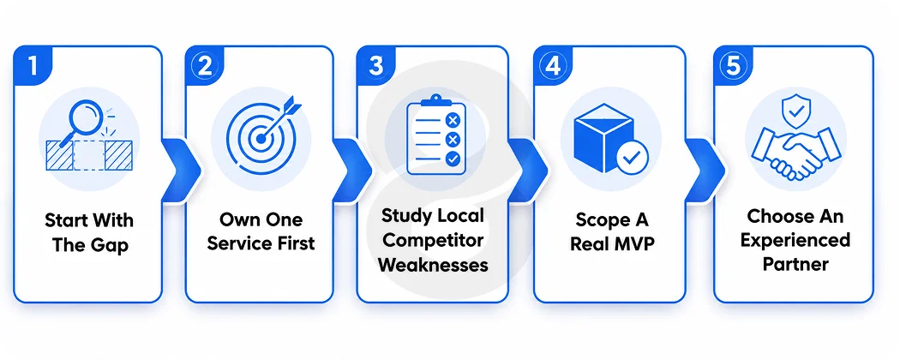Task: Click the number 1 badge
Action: pyautogui.click(x=33, y=65)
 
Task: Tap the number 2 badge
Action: pyautogui.click(x=204, y=65)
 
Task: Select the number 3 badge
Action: pyautogui.click(x=376, y=65)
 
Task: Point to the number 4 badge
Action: pyautogui.click(x=553, y=65)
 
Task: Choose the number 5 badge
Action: pyautogui.click(x=733, y=65)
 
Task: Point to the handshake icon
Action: pyautogui.click(x=796, y=153)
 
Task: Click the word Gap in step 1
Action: pyautogui.click(x=109, y=245)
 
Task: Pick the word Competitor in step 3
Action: pyautogui.click(x=433, y=240)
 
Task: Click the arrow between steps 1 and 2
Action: pyautogui.click(x=182, y=170)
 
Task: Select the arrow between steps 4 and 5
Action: pyautogui.click(x=705, y=170)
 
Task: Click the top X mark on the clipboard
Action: pyautogui.click(x=453, y=120)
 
